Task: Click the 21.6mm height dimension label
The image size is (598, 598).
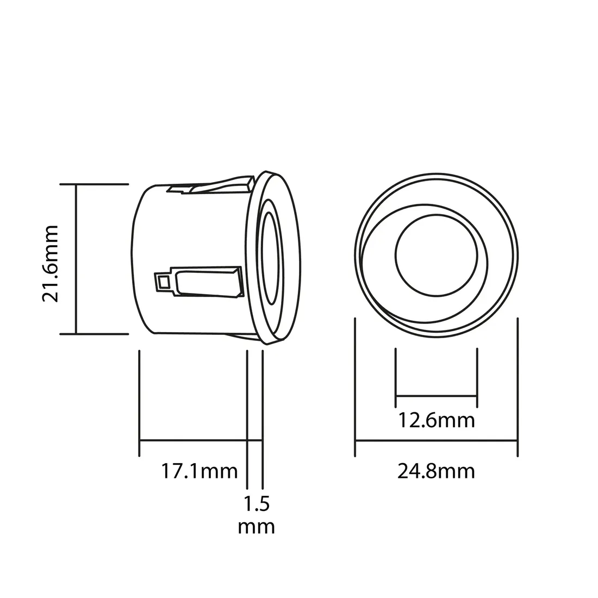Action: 51,260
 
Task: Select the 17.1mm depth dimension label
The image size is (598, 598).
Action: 200,470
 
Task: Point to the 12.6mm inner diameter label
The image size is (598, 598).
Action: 436,420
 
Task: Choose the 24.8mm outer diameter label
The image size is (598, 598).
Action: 436,471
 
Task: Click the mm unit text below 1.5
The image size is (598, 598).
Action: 256,526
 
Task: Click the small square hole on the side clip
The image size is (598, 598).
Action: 163,282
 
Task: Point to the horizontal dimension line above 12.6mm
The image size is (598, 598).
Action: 437,395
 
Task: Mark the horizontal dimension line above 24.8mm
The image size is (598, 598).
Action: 436,441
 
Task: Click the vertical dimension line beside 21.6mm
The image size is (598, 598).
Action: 76,260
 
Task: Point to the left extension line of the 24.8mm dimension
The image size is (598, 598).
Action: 355,386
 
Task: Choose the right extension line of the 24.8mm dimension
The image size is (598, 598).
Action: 517,386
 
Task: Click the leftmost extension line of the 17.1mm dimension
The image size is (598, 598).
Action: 140,402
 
